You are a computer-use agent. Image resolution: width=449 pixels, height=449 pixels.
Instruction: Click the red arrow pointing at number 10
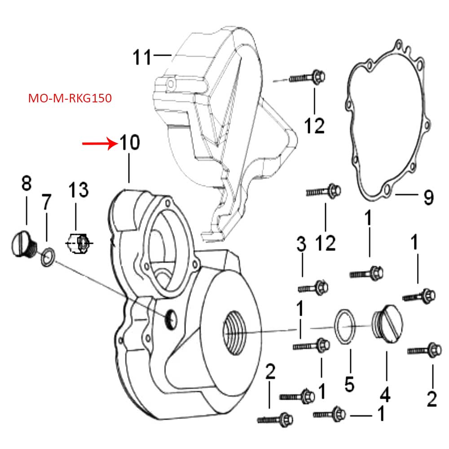[99, 144]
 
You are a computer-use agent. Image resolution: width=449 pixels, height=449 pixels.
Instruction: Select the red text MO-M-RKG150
[69, 98]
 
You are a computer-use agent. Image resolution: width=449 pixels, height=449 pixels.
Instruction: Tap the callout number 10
[129, 144]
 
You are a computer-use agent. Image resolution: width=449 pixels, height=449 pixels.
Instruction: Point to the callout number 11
[143, 57]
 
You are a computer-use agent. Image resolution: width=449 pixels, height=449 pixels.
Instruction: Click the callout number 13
[78, 189]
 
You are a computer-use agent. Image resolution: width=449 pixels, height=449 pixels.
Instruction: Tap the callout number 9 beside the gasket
[428, 197]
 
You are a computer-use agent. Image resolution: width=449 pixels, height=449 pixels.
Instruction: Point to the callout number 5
[349, 384]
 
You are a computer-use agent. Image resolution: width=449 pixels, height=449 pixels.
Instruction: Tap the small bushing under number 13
[80, 243]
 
